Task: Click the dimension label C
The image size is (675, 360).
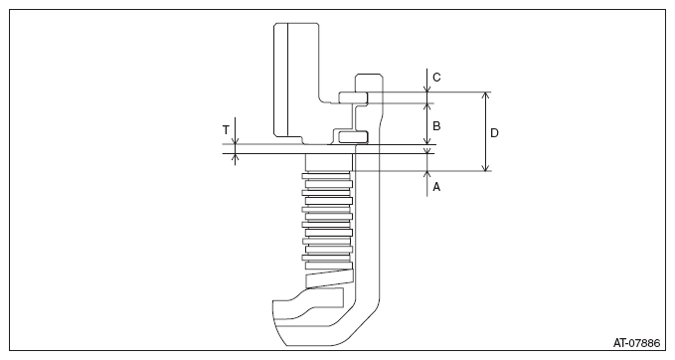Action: coord(436,78)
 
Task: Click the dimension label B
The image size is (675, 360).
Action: coord(436,126)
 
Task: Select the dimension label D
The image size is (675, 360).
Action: coord(494,133)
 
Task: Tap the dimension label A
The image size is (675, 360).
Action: coord(436,187)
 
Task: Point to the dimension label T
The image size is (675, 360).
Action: coord(226,129)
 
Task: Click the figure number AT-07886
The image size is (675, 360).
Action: coord(636,343)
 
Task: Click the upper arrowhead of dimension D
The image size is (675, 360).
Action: coord(485,96)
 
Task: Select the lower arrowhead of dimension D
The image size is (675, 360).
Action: coord(485,167)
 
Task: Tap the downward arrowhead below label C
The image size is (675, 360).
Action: coord(427,89)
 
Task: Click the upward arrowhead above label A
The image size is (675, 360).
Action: coord(427,175)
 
